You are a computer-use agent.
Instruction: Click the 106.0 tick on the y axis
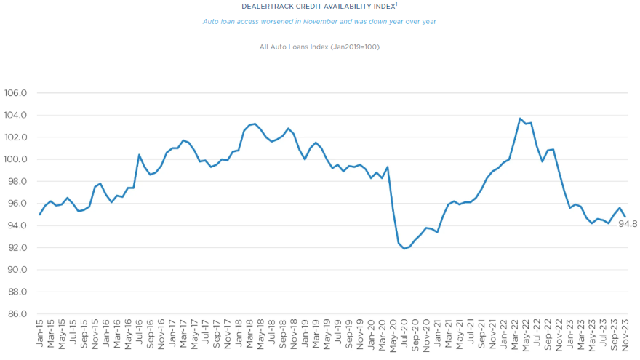[x=15, y=93]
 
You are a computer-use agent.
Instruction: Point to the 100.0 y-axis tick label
[x=15, y=159]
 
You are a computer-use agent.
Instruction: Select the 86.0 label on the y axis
[x=17, y=314]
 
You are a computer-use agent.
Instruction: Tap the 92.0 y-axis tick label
[x=17, y=247]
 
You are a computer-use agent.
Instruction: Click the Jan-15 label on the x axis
[x=39, y=335]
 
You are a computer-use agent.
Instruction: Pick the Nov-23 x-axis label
[x=625, y=335]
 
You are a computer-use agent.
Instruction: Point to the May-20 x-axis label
[x=393, y=335]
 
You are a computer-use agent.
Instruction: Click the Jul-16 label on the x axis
[x=139, y=335]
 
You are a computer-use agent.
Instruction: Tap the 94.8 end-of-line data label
[x=628, y=224]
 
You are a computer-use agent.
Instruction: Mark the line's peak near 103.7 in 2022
[x=520, y=119]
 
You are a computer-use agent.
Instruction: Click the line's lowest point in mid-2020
[x=404, y=249]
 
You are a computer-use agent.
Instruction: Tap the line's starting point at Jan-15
[x=39, y=215]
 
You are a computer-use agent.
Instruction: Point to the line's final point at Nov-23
[x=625, y=217]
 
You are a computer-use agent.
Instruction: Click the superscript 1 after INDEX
[x=396, y=4]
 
